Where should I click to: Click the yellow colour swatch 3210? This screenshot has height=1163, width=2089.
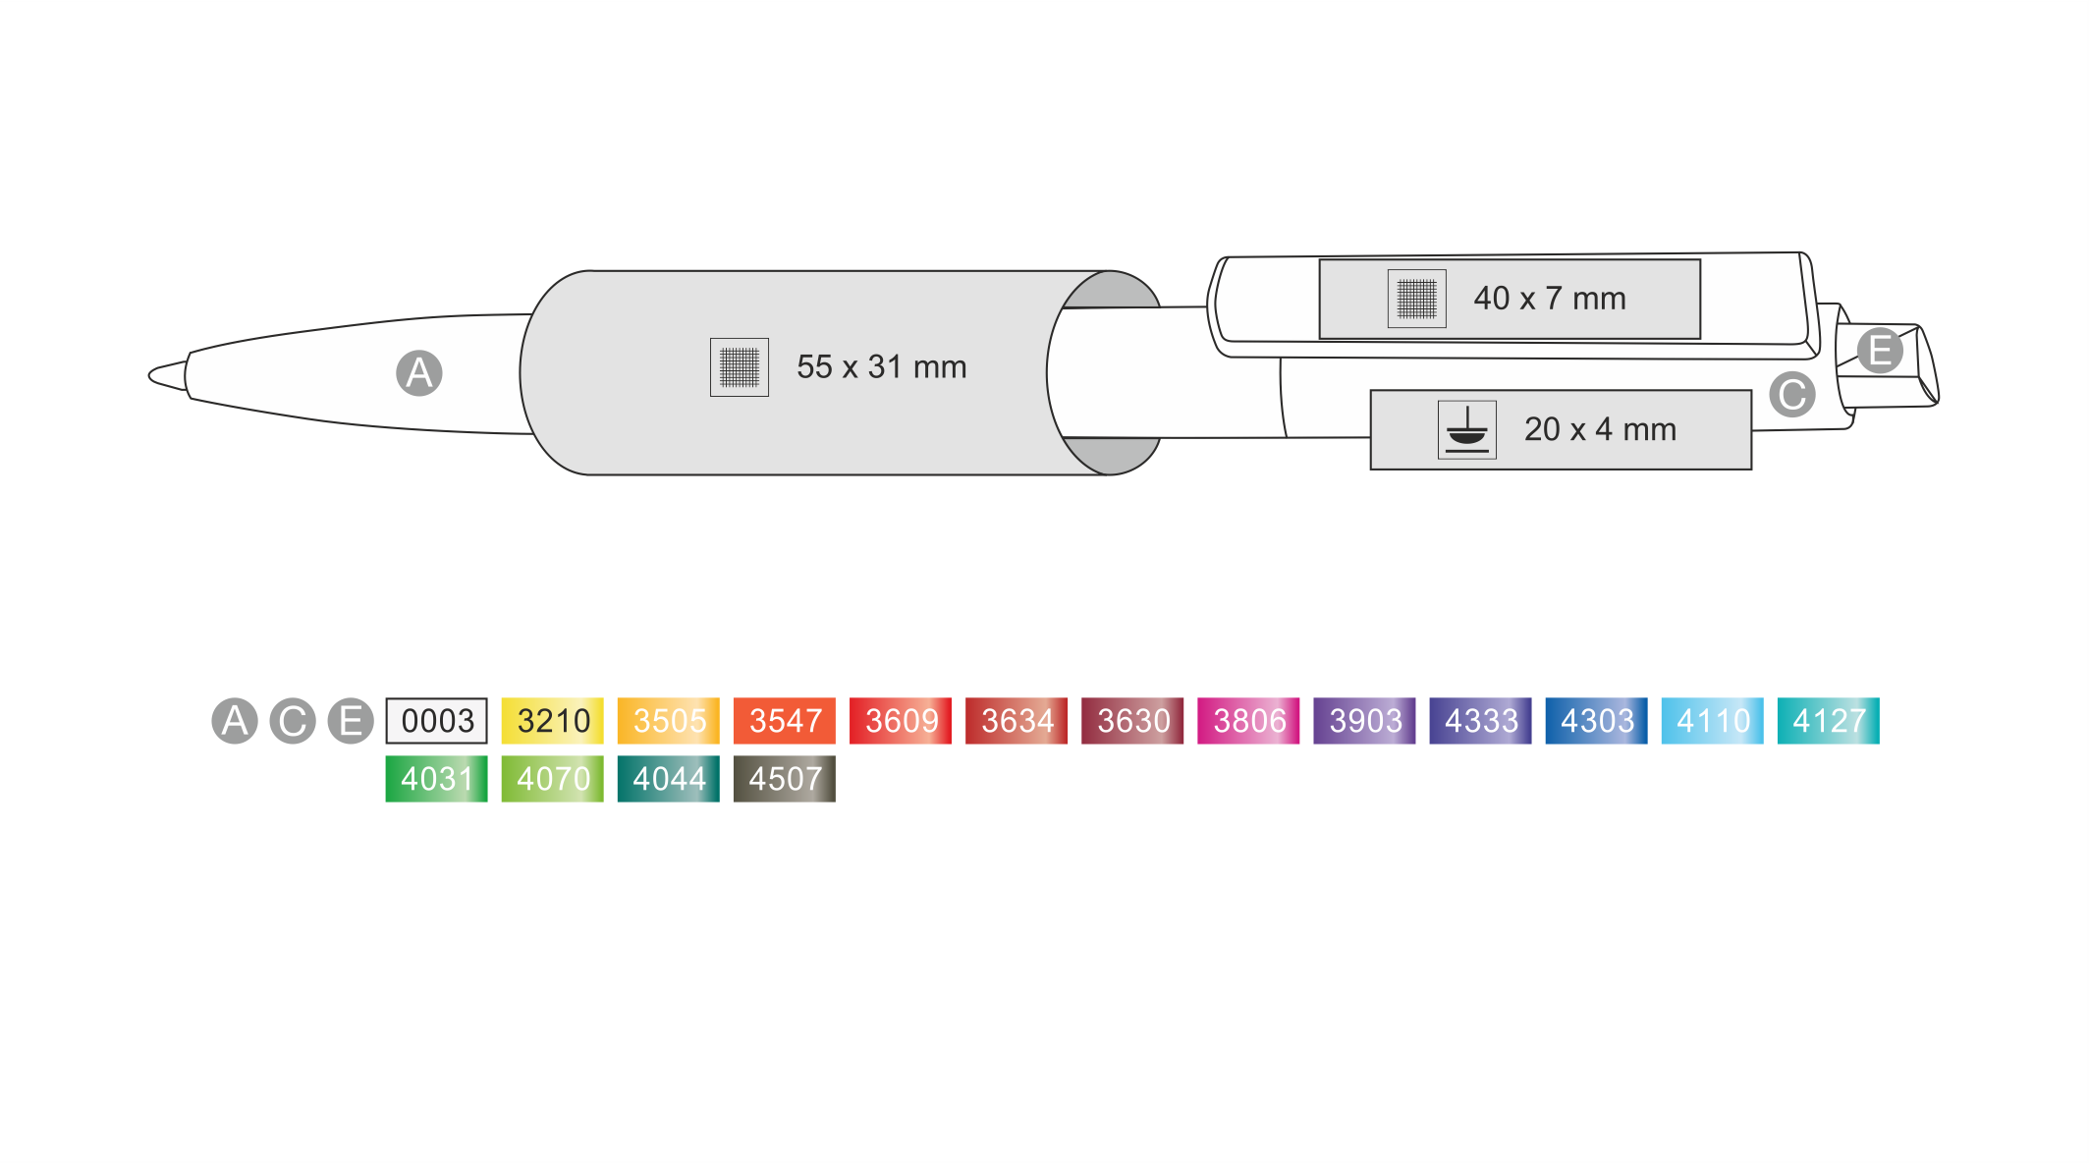coord(552,721)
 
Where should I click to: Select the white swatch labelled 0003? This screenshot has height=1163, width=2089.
coord(436,721)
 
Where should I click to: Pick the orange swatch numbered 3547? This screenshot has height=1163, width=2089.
coord(784,721)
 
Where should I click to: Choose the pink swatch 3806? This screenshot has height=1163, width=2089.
coord(1248,721)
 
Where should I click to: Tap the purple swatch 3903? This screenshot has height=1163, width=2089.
coord(1364,721)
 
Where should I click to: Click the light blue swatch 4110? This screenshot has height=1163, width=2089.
coord(1712,721)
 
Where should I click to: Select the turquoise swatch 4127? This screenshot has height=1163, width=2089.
coord(1828,721)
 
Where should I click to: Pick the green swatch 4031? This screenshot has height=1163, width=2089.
coord(436,779)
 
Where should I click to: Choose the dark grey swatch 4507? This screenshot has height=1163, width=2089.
coord(784,779)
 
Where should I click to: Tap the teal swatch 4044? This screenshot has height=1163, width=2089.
coord(668,779)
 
